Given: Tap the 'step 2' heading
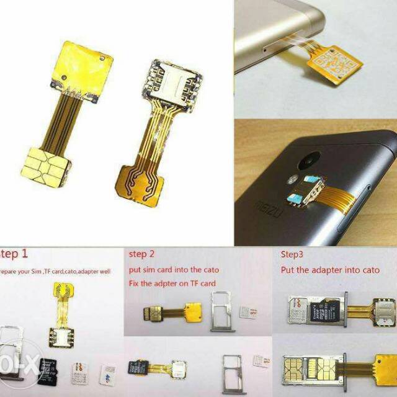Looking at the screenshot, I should click(x=143, y=254).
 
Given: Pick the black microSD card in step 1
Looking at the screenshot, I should click(x=48, y=370).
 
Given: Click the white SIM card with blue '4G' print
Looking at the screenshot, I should click(x=108, y=373).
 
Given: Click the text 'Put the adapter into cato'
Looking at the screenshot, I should click(x=330, y=269).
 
